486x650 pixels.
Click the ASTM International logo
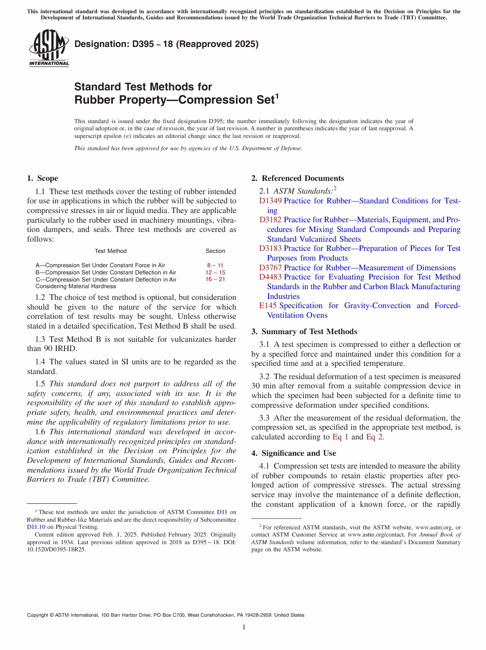coord(49,48)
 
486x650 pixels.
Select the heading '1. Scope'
coord(42,178)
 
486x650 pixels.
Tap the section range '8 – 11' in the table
coord(215,265)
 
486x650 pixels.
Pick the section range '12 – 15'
coord(215,272)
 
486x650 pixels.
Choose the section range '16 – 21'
coord(215,280)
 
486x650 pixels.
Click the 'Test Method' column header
coord(111,251)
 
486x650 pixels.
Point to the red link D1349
coord(270,201)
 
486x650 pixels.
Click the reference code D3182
coord(270,220)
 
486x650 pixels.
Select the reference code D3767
coord(270,268)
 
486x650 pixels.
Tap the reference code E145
coord(268,306)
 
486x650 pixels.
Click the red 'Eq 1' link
coord(341,437)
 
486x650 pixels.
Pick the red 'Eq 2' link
coord(374,437)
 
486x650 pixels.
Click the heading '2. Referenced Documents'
coord(298,178)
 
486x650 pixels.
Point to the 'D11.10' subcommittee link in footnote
coord(36,527)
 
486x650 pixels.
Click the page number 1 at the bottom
coord(244,627)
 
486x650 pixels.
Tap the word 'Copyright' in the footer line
coord(38,615)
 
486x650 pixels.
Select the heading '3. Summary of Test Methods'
coord(304,332)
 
